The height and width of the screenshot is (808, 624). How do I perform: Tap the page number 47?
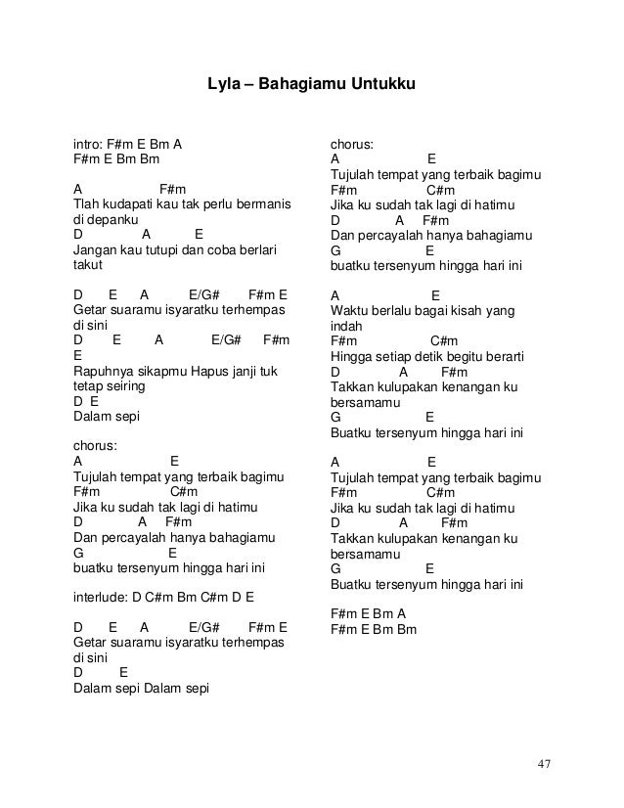point(543,763)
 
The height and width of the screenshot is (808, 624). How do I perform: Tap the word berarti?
point(502,356)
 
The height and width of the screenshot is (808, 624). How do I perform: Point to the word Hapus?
point(210,371)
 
